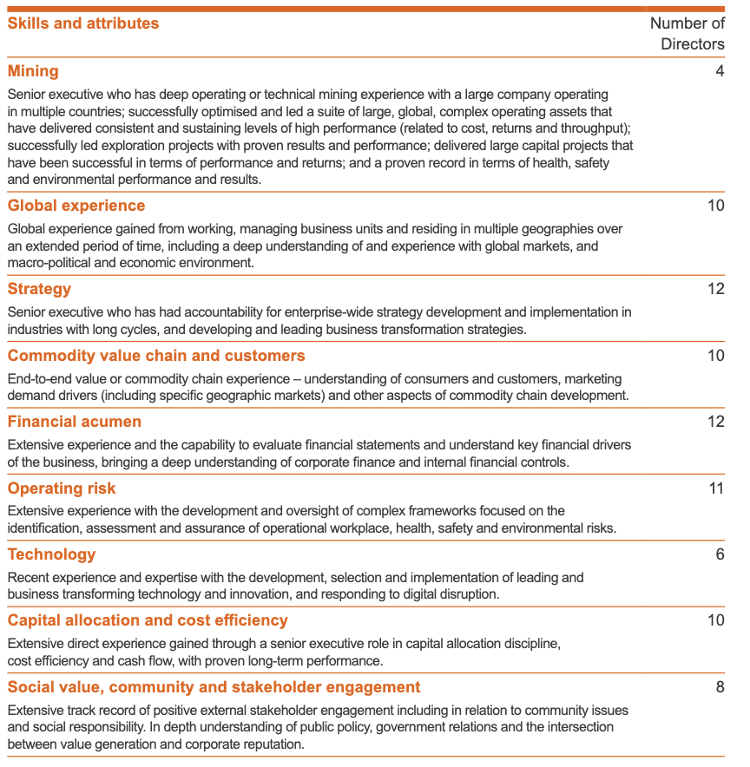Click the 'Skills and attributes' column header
tap(83, 23)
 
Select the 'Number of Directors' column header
tap(687, 34)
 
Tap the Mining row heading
tap(33, 71)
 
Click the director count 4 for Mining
tap(720, 71)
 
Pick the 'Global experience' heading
tap(76, 206)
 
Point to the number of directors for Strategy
tap(715, 289)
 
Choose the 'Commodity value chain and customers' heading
tap(156, 356)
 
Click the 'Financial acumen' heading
tap(75, 422)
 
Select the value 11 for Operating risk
tap(715, 488)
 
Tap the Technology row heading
tap(51, 554)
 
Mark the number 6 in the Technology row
tap(720, 554)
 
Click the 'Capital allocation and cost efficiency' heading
tap(148, 620)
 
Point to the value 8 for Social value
tap(720, 687)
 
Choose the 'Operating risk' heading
tap(62, 488)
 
